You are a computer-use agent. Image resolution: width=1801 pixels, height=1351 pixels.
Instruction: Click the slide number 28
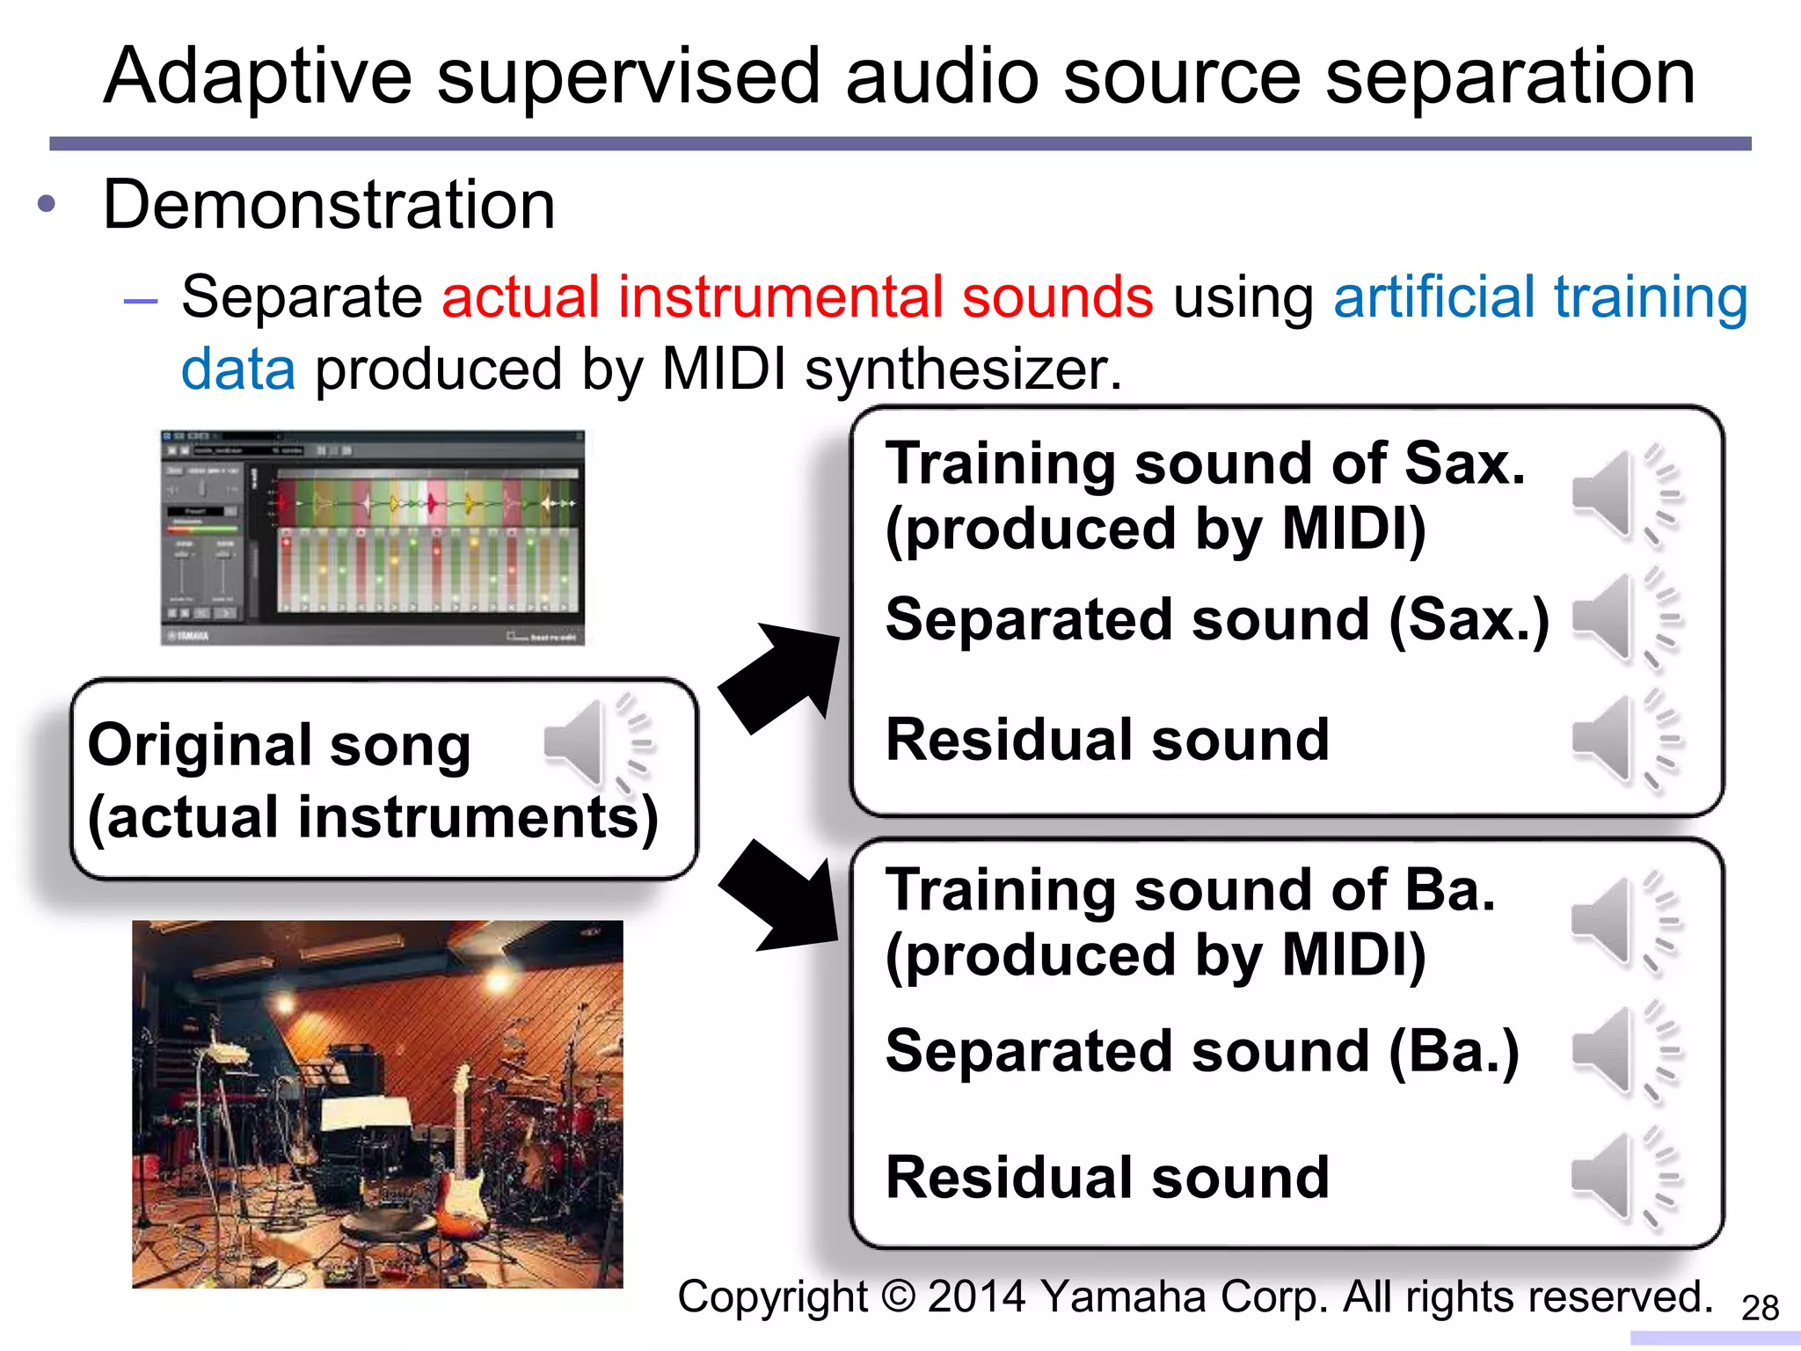pos(1760,1308)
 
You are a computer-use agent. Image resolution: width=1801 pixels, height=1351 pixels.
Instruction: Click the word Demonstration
pos(329,205)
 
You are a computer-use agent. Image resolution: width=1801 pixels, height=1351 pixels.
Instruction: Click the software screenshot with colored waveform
pos(372,537)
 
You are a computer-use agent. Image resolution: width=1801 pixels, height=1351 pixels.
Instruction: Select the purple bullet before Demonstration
pos(47,205)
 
